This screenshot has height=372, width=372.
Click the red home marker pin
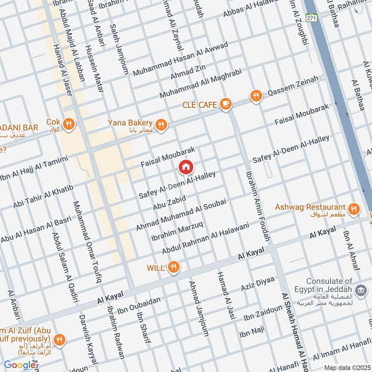pyautogui.click(x=186, y=167)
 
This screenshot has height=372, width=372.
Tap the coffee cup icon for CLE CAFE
pyautogui.click(x=226, y=104)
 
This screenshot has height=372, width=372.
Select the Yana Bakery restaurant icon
pyautogui.click(x=161, y=125)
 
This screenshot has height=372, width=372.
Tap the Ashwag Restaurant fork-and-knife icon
pyautogui.click(x=354, y=209)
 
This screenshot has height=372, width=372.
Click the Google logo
pyautogui.click(x=20, y=365)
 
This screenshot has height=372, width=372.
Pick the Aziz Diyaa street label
pyautogui.click(x=258, y=284)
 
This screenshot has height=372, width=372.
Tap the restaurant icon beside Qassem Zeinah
pyautogui.click(x=255, y=96)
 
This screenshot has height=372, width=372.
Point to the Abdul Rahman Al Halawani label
pyautogui.click(x=206, y=238)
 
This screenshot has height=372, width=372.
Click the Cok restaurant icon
pyautogui.click(x=69, y=124)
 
